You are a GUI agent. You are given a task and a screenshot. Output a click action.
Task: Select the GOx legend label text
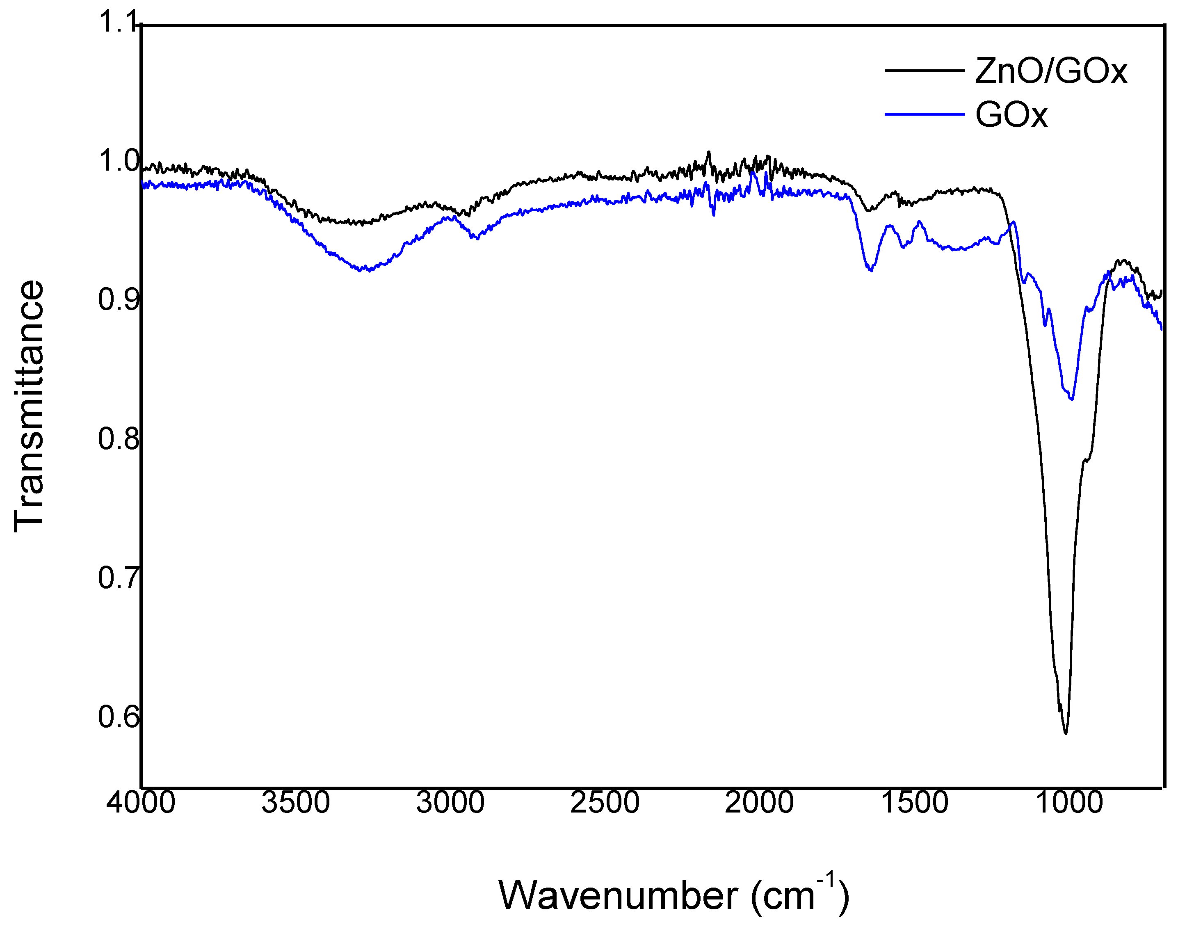click(1011, 115)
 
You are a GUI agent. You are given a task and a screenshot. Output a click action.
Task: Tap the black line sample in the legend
click(924, 71)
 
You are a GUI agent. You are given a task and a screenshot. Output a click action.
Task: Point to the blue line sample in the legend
click(924, 114)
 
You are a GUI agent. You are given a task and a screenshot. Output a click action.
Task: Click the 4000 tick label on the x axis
click(141, 802)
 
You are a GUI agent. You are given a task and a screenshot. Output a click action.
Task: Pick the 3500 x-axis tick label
click(295, 802)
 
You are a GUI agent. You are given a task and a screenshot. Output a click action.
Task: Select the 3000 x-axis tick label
click(450, 802)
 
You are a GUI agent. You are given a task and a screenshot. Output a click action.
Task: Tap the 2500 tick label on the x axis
click(605, 802)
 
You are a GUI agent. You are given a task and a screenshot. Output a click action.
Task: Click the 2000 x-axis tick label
click(759, 802)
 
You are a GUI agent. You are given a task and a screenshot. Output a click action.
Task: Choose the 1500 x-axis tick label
click(914, 802)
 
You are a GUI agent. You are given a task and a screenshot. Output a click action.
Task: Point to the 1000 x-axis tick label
click(1068, 802)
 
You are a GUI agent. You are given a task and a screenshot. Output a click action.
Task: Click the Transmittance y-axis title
click(28, 405)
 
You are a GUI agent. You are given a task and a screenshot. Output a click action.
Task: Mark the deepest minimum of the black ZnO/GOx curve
click(1066, 734)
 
